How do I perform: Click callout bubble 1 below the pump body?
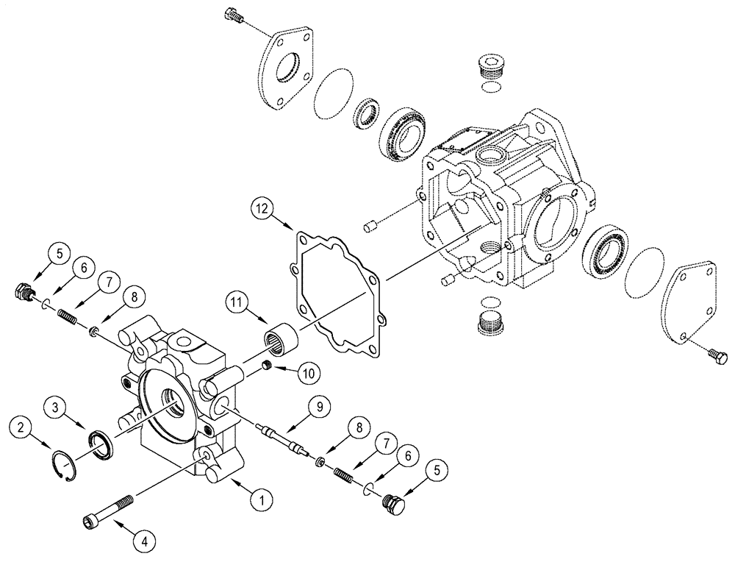pyautogui.click(x=258, y=499)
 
